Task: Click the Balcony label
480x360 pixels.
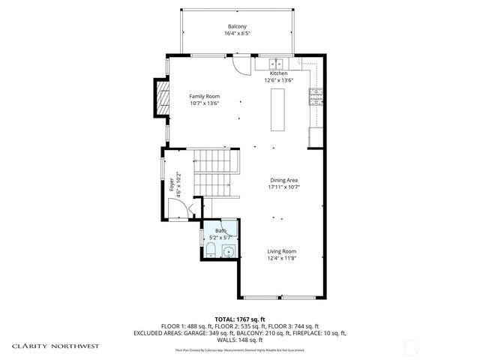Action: click(x=238, y=26)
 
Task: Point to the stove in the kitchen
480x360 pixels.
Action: click(x=316, y=95)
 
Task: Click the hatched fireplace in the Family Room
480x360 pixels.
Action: click(x=161, y=97)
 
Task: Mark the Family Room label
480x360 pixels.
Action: click(x=203, y=96)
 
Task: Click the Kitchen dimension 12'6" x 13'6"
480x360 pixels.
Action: click(x=278, y=80)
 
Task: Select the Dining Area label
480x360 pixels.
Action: click(x=285, y=180)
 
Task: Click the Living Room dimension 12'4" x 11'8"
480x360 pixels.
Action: click(x=282, y=258)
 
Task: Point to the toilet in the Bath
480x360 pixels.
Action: click(x=211, y=250)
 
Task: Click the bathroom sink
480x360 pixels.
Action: click(x=228, y=250)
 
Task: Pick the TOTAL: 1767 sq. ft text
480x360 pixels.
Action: click(x=239, y=319)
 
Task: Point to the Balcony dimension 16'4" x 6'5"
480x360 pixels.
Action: click(x=238, y=34)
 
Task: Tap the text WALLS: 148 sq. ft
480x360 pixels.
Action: click(x=239, y=339)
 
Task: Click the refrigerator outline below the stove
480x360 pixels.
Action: click(x=316, y=137)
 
